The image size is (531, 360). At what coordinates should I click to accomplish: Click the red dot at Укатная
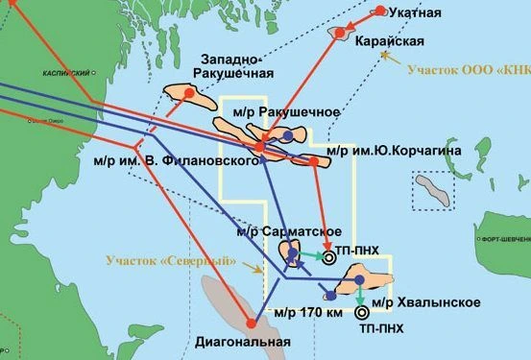381,11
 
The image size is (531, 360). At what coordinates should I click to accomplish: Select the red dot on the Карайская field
339,33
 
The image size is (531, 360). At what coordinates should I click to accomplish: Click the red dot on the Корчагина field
315,161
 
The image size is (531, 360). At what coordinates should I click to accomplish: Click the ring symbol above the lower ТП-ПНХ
361,312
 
